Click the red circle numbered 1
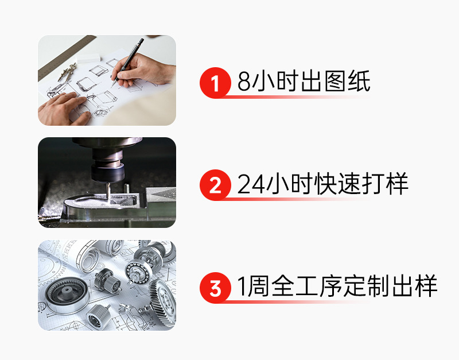(215, 83)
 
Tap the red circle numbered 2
(215, 185)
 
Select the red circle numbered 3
(215, 288)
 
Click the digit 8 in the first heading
(244, 82)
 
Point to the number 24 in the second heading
(251, 184)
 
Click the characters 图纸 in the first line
(348, 81)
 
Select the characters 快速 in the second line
(337, 184)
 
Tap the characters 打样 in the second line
(385, 184)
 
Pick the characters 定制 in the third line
(367, 286)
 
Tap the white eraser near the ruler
(88, 58)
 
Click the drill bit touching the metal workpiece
(108, 192)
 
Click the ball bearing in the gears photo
(138, 271)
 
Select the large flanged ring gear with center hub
(67, 294)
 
